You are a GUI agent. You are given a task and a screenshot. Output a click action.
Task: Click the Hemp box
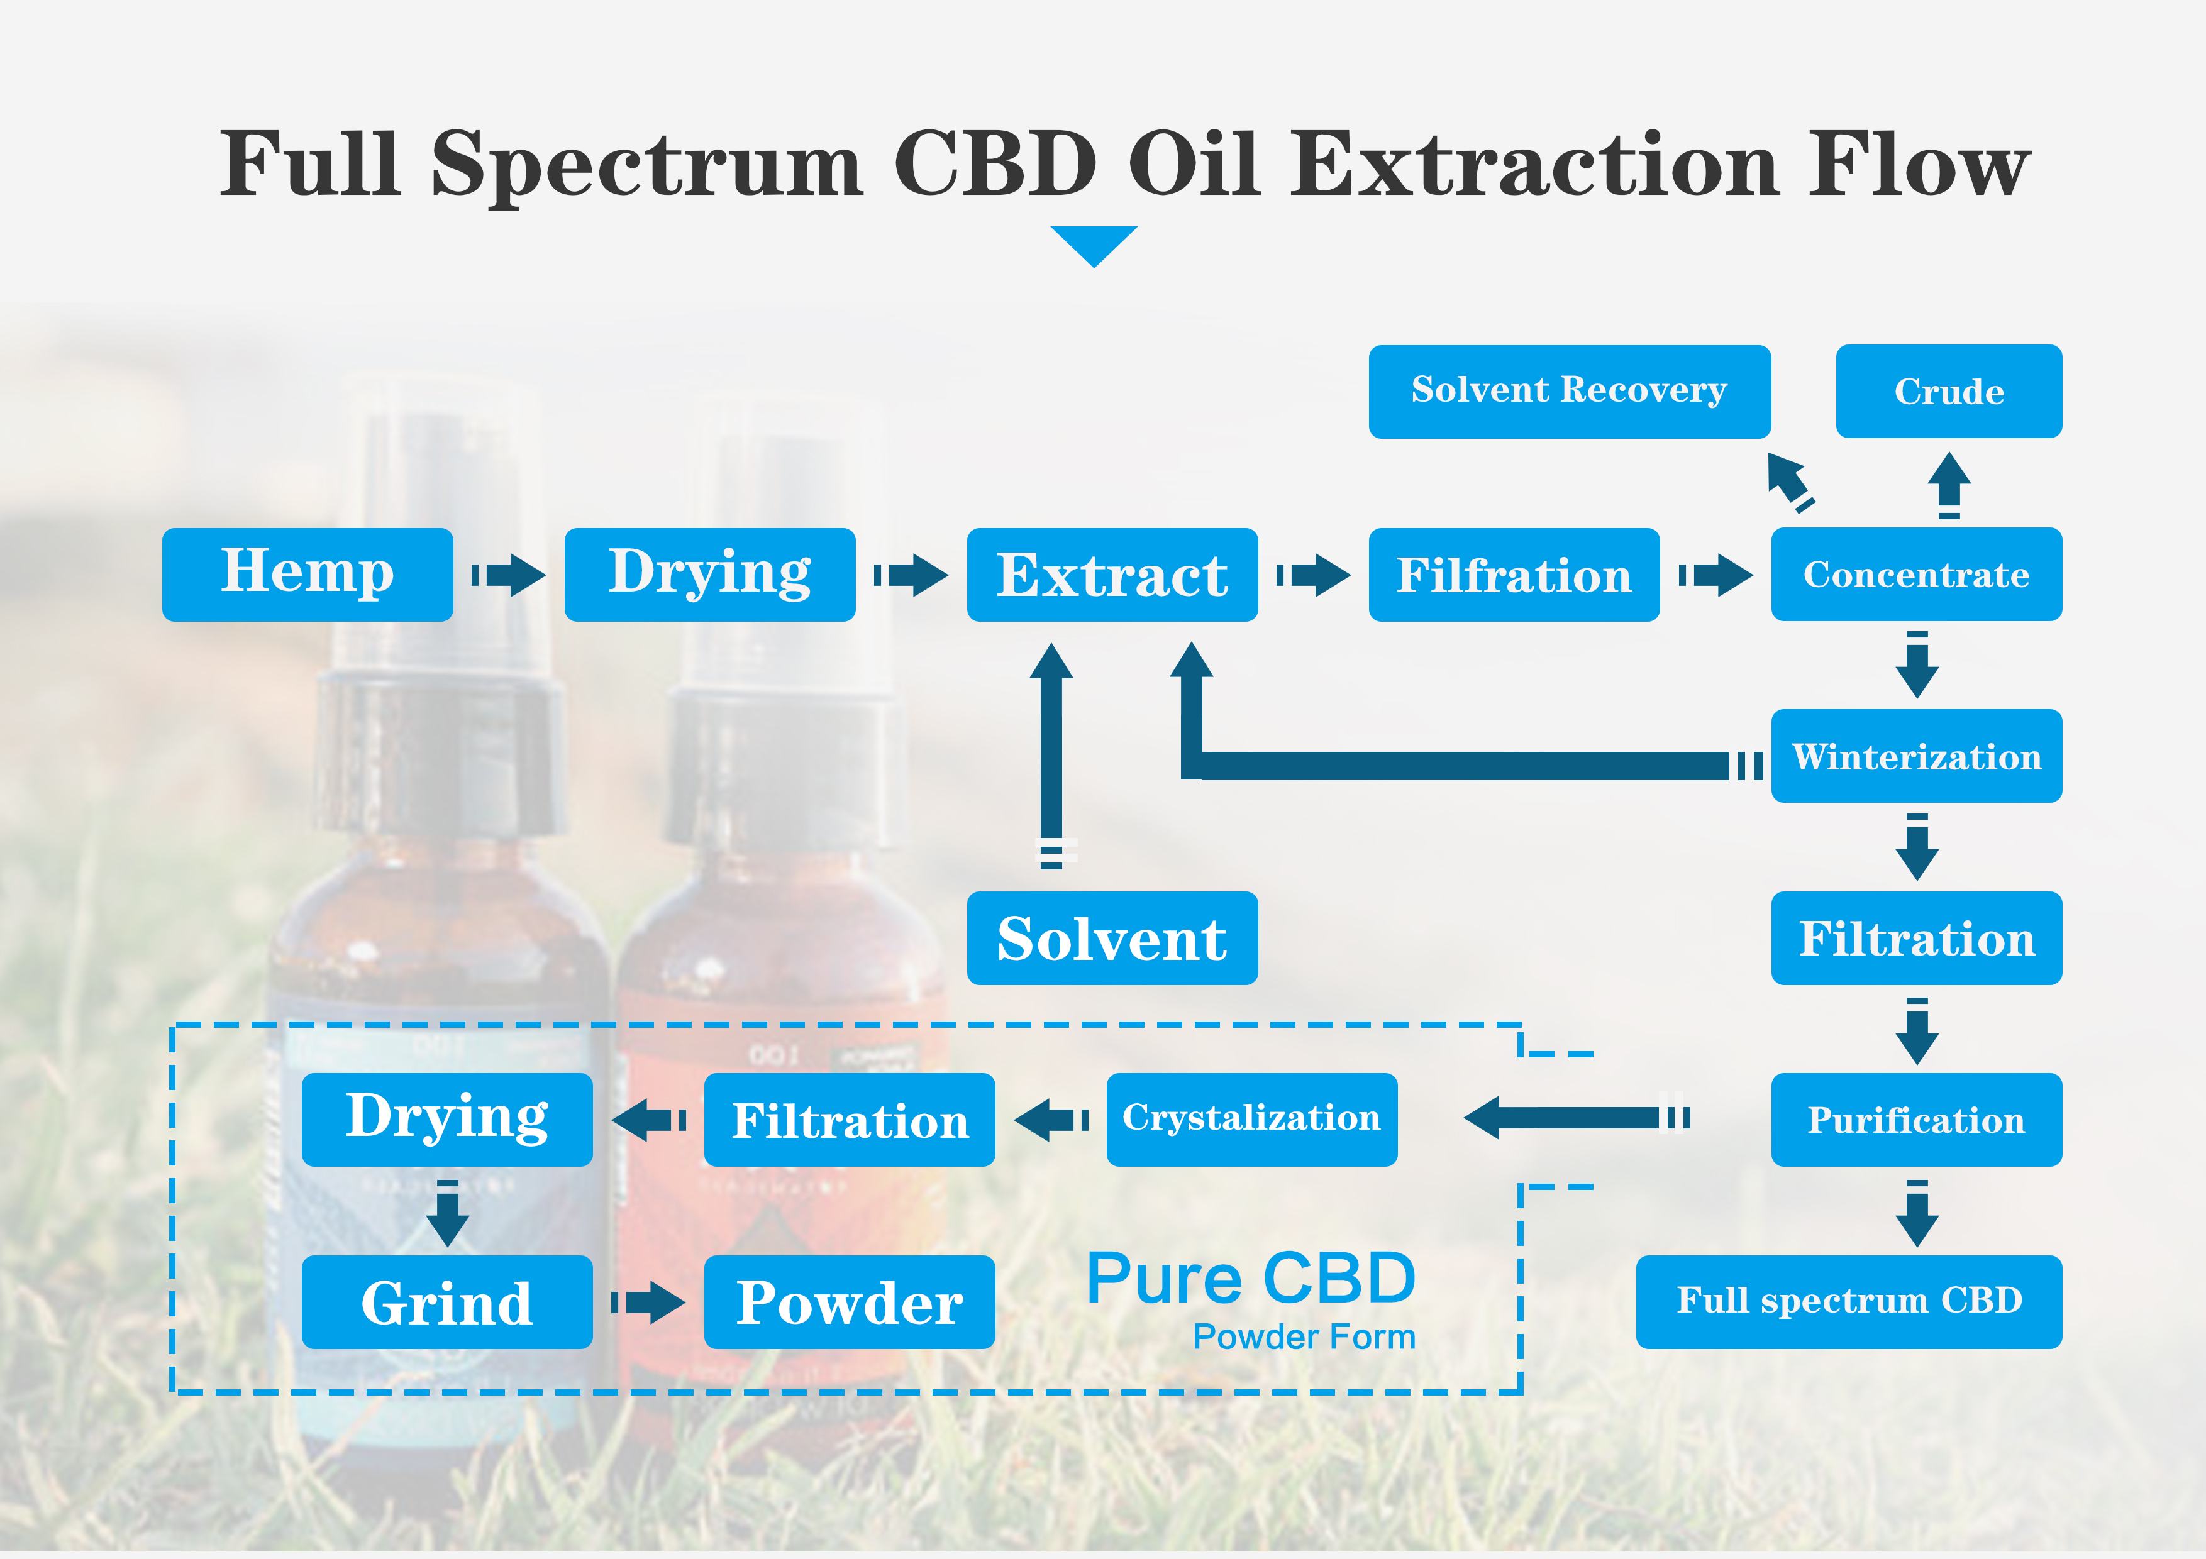click(x=308, y=575)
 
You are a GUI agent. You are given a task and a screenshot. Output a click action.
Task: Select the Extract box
click(x=1112, y=575)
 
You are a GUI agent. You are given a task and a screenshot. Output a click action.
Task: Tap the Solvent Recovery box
click(x=1569, y=391)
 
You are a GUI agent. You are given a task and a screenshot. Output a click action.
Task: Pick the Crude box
click(x=1949, y=391)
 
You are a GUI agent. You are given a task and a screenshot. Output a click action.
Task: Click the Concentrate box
click(x=1916, y=575)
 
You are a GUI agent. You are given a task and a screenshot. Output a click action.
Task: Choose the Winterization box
click(x=1916, y=756)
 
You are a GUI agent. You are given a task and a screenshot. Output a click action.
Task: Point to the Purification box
click(x=1916, y=1120)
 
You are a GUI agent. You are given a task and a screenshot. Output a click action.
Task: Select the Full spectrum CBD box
click(x=1849, y=1301)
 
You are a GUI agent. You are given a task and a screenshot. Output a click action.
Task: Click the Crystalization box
click(x=1251, y=1120)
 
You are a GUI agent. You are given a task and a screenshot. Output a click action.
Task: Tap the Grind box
click(x=446, y=1301)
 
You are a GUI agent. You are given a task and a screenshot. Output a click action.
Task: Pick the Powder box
click(x=850, y=1301)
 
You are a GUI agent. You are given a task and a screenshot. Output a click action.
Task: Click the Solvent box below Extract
click(x=1112, y=939)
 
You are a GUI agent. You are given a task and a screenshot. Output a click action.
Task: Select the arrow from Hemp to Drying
click(x=509, y=575)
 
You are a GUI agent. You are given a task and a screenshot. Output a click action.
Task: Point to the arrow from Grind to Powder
click(x=650, y=1301)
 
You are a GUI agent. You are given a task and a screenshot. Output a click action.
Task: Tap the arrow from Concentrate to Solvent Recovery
click(x=1789, y=480)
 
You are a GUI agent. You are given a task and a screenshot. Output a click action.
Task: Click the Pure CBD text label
click(x=1251, y=1279)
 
